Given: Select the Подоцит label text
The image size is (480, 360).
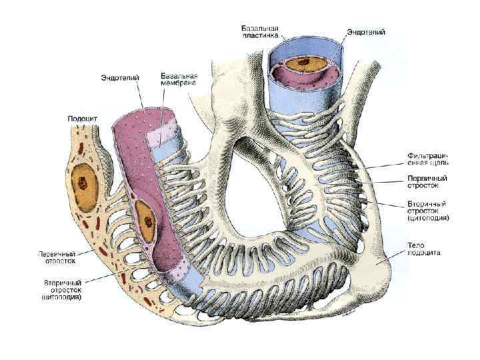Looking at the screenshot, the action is coord(83,119).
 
